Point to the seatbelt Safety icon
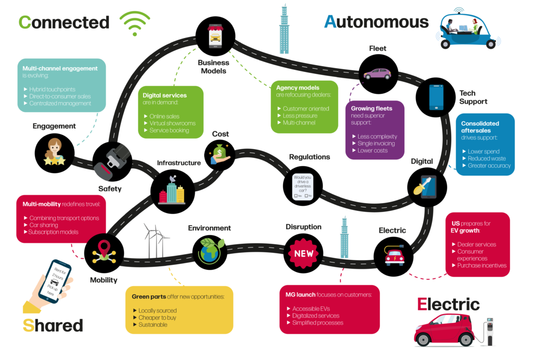click(111, 161)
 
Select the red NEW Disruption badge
click(304, 254)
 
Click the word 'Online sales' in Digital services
click(164, 116)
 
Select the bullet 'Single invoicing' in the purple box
click(376, 143)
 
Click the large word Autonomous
click(376, 21)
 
